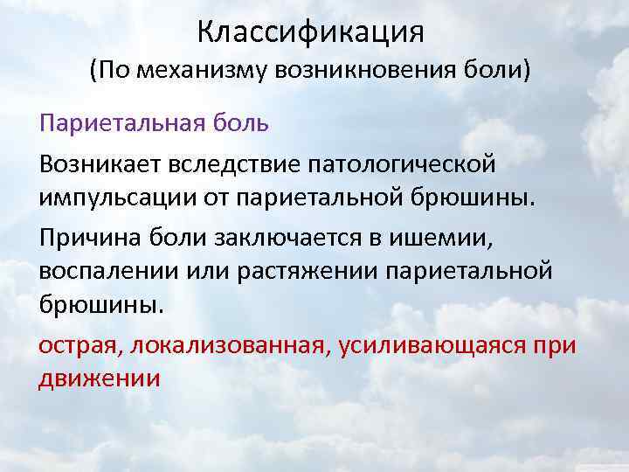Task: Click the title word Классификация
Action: click(x=311, y=33)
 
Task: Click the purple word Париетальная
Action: click(x=120, y=122)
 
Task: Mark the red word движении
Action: click(x=100, y=378)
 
